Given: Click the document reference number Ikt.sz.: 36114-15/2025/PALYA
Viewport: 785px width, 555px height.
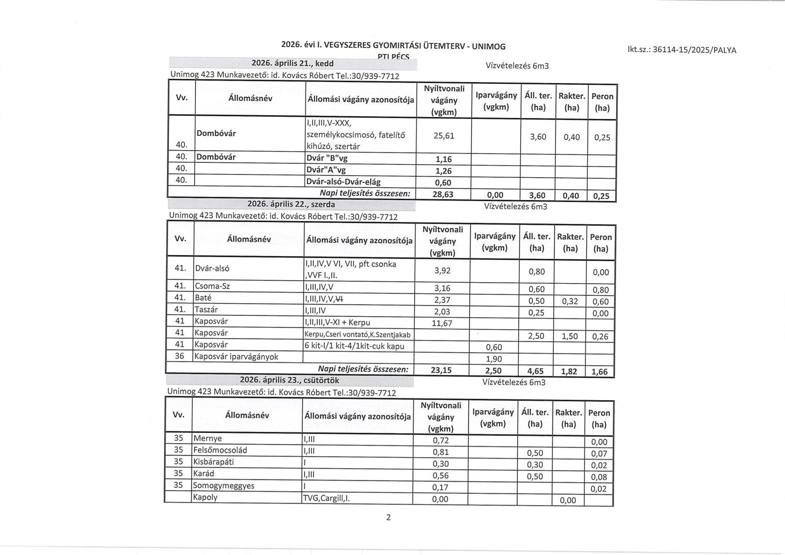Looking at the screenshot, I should pos(682,50).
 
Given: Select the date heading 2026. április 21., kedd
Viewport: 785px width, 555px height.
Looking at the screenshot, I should pos(292,63).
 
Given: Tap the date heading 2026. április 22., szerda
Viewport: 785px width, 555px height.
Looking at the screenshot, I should pos(291,204).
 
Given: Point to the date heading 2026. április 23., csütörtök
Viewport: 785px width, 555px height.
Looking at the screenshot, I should pos(289,380).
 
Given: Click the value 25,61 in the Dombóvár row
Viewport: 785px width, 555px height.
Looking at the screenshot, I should pos(444,136).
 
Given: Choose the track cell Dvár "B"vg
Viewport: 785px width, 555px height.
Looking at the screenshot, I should pos(327,158).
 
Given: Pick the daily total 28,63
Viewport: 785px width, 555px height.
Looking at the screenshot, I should pos(443,194).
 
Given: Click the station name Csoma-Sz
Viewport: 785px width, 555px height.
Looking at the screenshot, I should pos(212,286).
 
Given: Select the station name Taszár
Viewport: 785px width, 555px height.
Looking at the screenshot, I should pos(207,310).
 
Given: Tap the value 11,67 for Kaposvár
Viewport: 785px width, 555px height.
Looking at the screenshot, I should pos(442,323).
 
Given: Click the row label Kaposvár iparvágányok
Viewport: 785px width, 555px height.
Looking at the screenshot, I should pos(236,357).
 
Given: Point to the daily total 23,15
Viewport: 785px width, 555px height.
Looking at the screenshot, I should pos(441,370).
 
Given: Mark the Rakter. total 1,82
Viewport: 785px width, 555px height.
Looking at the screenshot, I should pos(569,371).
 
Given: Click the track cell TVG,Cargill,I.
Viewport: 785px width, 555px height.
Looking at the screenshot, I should pos(327,498).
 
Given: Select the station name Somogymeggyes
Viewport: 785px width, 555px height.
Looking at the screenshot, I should pos(224,486).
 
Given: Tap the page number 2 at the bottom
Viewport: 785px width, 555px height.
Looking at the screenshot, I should pos(389,517).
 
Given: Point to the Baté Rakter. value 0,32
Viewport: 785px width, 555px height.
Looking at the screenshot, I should pos(570,301).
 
